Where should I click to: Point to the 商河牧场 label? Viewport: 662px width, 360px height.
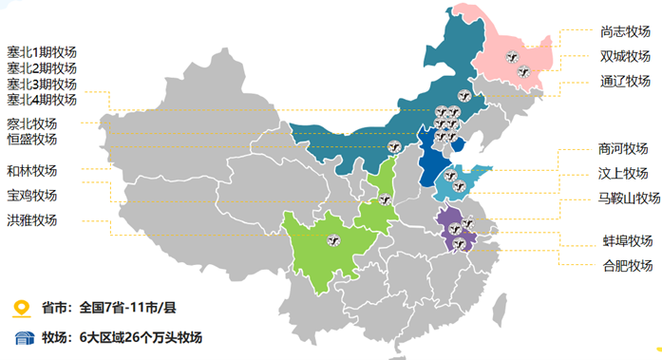[623, 149]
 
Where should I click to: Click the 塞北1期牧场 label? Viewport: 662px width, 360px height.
[42, 51]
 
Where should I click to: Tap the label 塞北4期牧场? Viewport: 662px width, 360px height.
[42, 100]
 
